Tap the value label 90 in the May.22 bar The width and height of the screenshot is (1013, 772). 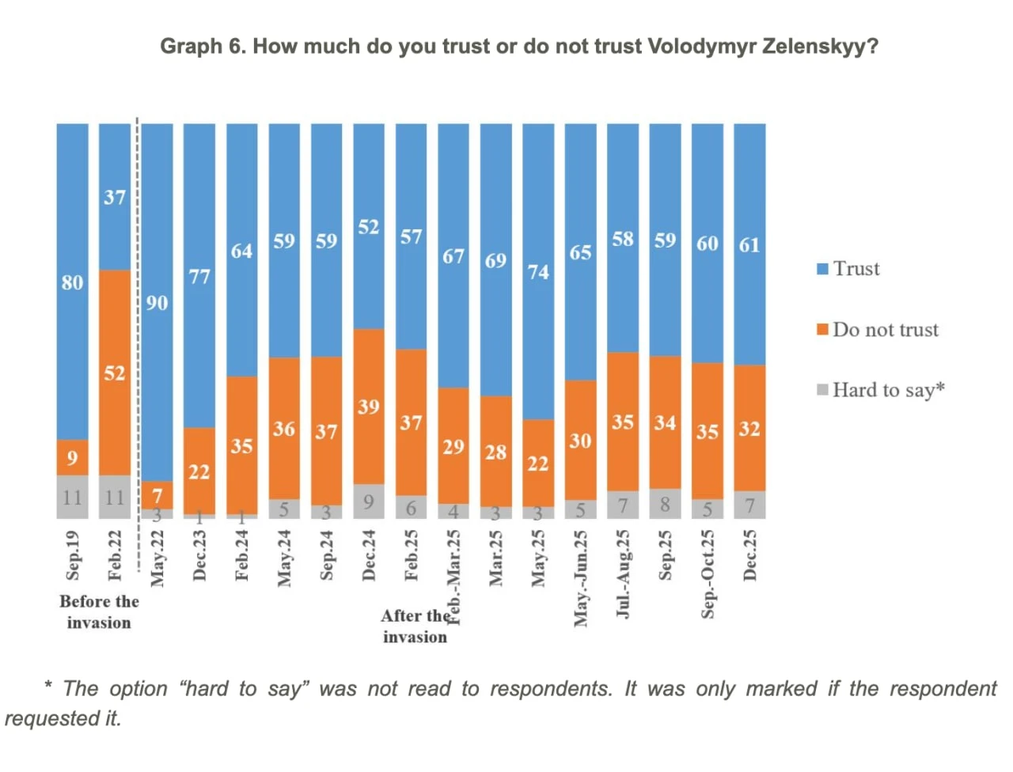pyautogui.click(x=157, y=303)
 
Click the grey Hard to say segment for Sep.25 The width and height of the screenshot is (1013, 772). pyautogui.click(x=665, y=504)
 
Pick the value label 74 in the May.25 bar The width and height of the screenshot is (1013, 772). pyautogui.click(x=538, y=272)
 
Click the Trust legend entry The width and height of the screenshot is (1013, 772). pyautogui.click(x=848, y=269)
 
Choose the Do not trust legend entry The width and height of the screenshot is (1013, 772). pyautogui.click(x=878, y=329)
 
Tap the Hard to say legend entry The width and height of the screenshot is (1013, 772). pyautogui.click(x=881, y=390)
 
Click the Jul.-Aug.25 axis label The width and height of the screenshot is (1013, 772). pyautogui.click(x=623, y=573)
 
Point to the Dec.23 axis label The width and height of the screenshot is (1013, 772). pyautogui.click(x=199, y=555)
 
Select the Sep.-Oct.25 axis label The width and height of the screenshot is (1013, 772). pyautogui.click(x=708, y=573)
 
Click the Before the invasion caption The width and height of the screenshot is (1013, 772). pyautogui.click(x=99, y=611)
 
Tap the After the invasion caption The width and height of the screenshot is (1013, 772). pyautogui.click(x=415, y=626)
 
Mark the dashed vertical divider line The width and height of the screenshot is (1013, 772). pyautogui.click(x=138, y=316)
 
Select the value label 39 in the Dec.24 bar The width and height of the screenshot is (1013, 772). pyautogui.click(x=369, y=407)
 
